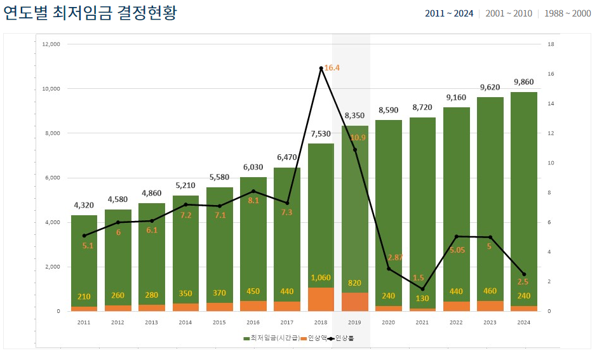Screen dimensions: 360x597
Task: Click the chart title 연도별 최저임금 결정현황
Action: click(x=90, y=13)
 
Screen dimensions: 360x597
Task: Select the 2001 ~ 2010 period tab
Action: click(x=508, y=13)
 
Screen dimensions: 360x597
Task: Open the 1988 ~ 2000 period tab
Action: click(x=567, y=13)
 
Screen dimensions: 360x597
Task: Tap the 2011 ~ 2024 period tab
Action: click(x=449, y=13)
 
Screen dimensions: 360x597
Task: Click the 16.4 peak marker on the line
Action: click(x=321, y=68)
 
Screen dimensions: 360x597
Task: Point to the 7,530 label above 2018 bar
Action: click(x=321, y=133)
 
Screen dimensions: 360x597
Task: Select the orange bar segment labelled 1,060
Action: click(x=321, y=299)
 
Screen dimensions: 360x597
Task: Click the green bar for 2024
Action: click(x=524, y=190)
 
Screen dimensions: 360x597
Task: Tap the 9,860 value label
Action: click(x=524, y=82)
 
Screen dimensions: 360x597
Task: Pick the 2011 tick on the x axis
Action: click(x=84, y=323)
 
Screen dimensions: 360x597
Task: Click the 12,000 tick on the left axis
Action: click(x=51, y=44)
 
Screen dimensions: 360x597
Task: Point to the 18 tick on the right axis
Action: click(x=551, y=44)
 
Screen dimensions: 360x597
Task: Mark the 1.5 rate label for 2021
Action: click(x=418, y=277)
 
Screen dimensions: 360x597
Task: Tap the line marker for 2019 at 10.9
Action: click(x=354, y=150)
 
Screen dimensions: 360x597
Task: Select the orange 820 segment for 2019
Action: click(x=354, y=302)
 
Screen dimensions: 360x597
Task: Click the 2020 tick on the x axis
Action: click(x=388, y=323)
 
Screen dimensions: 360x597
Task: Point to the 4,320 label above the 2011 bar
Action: click(x=84, y=205)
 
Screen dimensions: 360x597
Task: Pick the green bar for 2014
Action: click(x=185, y=254)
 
